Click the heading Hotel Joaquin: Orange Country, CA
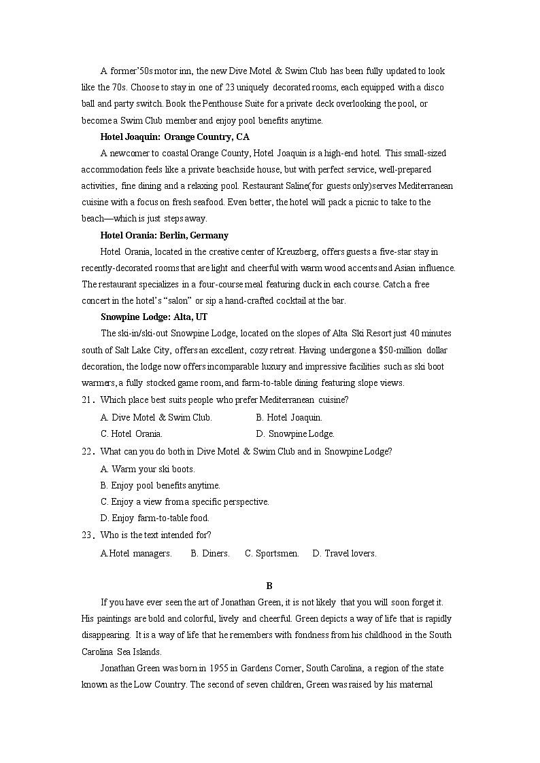170,137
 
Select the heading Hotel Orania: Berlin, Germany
164,235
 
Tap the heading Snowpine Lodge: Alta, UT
154,317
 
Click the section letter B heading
269,586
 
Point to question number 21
87,400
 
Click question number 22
87,452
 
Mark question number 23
87,535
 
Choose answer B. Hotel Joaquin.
289,417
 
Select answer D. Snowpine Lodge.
295,434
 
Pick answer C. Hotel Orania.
131,434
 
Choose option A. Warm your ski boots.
148,469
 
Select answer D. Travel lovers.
344,554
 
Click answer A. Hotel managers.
136,554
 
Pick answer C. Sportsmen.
272,554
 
